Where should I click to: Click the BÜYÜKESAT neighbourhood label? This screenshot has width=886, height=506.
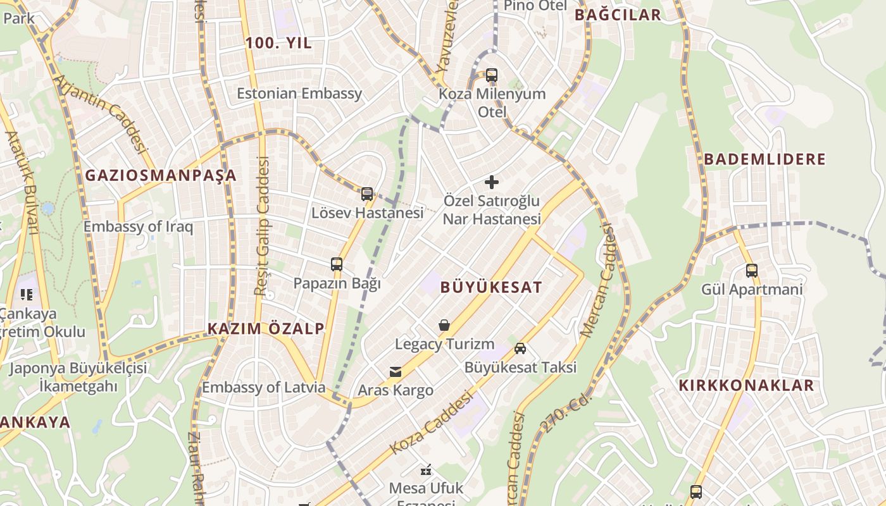(x=491, y=287)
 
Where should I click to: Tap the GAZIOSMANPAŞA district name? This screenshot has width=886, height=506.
(x=161, y=175)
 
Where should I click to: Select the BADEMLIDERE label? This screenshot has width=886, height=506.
(x=765, y=159)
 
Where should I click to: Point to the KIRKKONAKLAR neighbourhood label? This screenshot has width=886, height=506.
(x=746, y=385)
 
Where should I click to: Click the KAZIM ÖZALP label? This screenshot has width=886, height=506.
(x=266, y=328)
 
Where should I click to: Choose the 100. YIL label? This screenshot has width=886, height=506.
(x=278, y=43)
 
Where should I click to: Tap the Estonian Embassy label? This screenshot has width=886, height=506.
(x=299, y=94)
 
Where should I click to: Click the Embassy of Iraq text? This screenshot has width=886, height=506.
(x=138, y=226)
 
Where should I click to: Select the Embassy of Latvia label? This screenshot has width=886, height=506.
(x=263, y=387)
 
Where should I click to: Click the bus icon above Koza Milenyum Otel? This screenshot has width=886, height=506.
(x=492, y=75)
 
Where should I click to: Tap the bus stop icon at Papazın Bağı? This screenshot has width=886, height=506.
(x=337, y=264)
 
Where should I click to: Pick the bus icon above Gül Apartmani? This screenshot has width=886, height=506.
(x=752, y=271)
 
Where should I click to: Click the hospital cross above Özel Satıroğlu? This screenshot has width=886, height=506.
(x=492, y=182)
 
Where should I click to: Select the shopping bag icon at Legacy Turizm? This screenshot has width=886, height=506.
(x=444, y=325)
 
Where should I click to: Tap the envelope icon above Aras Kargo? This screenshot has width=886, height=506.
(x=396, y=371)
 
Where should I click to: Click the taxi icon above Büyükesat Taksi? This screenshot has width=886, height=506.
(x=520, y=349)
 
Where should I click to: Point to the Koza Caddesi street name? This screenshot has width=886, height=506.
(x=432, y=423)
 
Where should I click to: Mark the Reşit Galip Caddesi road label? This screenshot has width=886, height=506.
(x=262, y=226)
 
